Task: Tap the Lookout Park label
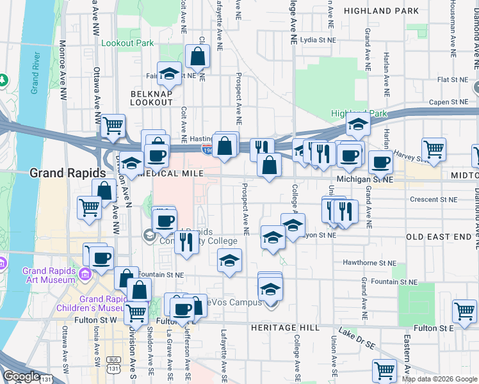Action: pyautogui.click(x=127, y=43)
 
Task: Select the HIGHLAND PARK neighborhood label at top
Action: pyautogui.click(x=381, y=11)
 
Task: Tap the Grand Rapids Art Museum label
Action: pyautogui.click(x=49, y=275)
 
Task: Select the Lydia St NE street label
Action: pyautogui.click(x=318, y=40)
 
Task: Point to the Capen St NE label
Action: pyautogui.click(x=449, y=102)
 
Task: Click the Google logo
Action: pyautogui.click(x=21, y=376)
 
